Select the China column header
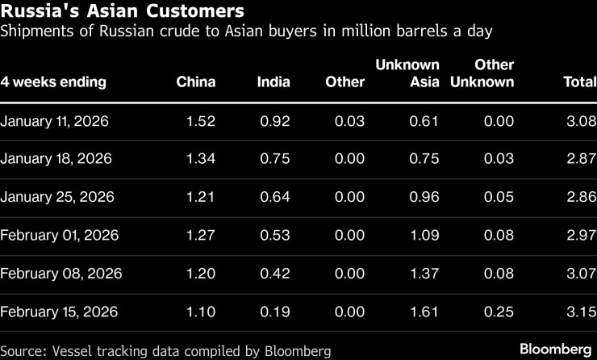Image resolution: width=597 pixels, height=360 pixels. pyautogui.click(x=196, y=82)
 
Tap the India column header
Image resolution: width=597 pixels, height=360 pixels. pyautogui.click(x=273, y=82)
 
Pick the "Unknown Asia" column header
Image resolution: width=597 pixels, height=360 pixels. pyautogui.click(x=407, y=73)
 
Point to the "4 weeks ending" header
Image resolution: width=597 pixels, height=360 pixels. pyautogui.click(x=53, y=82)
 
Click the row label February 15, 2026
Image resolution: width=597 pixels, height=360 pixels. pyautogui.click(x=59, y=312)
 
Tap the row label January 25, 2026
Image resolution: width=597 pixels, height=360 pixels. pyautogui.click(x=57, y=197)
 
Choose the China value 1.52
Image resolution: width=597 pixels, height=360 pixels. pyautogui.click(x=201, y=121)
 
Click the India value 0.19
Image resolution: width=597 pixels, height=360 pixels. pyautogui.click(x=275, y=312)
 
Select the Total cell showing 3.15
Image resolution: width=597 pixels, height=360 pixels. pyautogui.click(x=581, y=312)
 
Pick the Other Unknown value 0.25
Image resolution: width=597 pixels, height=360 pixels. pyautogui.click(x=499, y=312)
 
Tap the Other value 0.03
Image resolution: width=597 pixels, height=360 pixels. pyautogui.click(x=349, y=121)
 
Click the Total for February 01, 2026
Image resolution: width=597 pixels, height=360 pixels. pyautogui.click(x=581, y=236)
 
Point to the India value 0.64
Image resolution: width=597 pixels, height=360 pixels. pyautogui.click(x=275, y=197)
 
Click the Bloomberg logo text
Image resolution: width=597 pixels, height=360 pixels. pyautogui.click(x=555, y=350)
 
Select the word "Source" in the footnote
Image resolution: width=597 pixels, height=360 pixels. pyautogui.click(x=23, y=351)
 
